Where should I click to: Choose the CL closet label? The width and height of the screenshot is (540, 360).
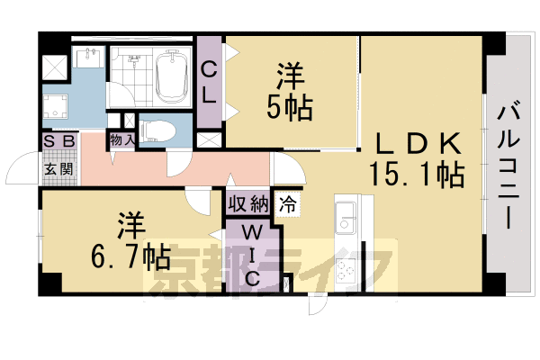click(x=208, y=80)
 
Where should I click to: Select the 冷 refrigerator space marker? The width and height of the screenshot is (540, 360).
click(x=288, y=202)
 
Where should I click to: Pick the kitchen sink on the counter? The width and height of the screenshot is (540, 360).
click(x=347, y=216)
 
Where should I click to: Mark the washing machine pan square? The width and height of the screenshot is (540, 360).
click(x=59, y=106)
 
